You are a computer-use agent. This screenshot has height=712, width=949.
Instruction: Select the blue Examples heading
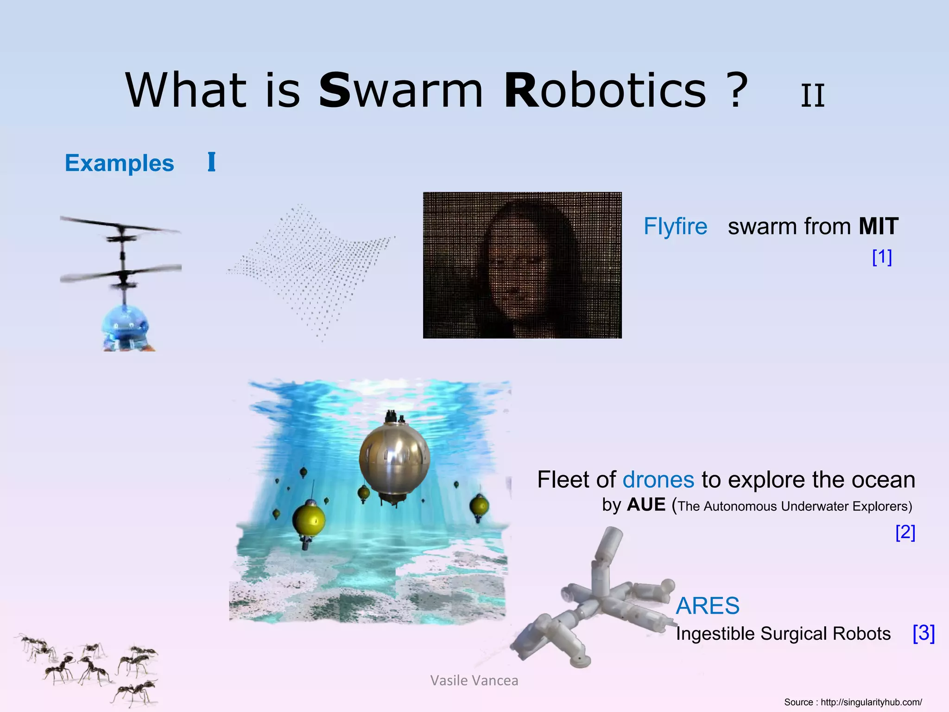119,163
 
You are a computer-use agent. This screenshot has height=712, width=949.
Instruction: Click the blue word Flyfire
675,227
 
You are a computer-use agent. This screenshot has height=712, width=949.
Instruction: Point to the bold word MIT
878,227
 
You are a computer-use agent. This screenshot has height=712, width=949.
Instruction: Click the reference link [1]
882,257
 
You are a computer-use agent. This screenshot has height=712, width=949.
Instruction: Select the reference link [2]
905,532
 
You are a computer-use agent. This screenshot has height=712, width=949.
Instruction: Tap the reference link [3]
924,633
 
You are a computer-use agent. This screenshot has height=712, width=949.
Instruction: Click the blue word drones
658,480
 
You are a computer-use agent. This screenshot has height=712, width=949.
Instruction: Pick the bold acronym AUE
646,505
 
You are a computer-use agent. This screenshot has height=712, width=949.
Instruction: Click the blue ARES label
708,606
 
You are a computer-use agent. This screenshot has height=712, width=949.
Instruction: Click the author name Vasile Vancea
474,680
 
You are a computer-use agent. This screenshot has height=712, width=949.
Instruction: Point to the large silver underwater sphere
394,459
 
